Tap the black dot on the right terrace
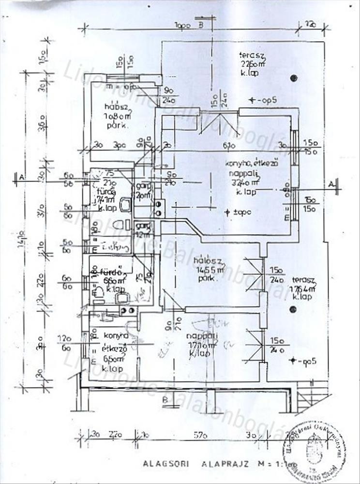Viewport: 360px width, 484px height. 292,309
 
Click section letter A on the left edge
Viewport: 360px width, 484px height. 21,178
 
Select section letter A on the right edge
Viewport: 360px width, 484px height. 331,184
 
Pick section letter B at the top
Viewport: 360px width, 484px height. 200,26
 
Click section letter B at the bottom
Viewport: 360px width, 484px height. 165,399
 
